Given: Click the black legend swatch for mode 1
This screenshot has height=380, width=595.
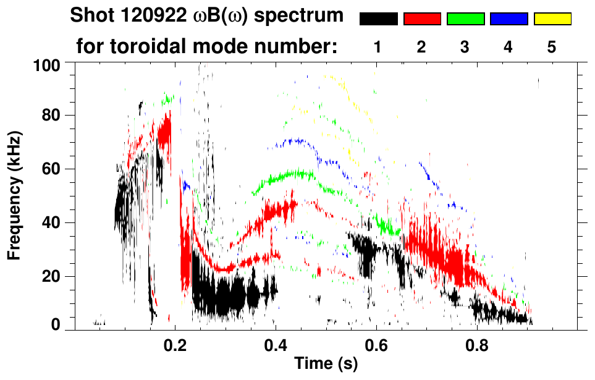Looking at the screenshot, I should pyautogui.click(x=378, y=19).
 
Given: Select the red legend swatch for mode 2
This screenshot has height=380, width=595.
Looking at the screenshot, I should pyautogui.click(x=422, y=19).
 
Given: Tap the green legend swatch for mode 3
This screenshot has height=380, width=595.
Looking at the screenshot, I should pyautogui.click(x=465, y=19).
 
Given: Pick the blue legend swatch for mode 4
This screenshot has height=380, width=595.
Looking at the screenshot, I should pyautogui.click(x=508, y=19).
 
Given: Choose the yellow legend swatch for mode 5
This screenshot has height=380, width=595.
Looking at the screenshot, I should pyautogui.click(x=552, y=19).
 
